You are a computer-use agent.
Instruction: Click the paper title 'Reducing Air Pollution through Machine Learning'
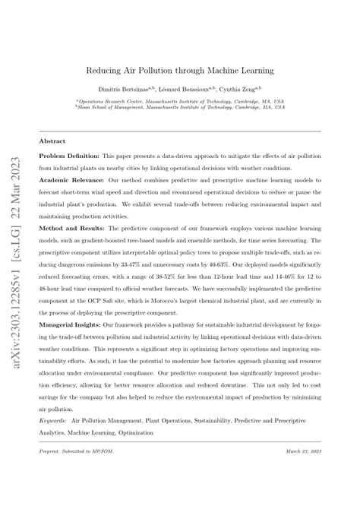[179, 71]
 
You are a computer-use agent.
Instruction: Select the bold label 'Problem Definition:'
[71, 157]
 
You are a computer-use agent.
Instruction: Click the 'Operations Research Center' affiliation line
[179, 100]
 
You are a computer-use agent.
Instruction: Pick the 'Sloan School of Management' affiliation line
[179, 108]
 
